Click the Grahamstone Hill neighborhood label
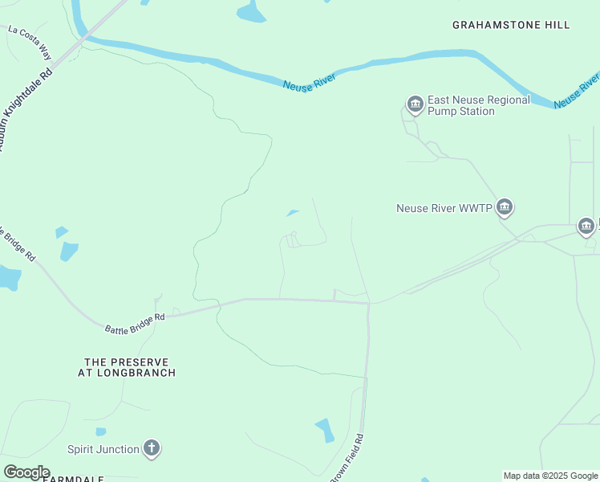(511, 25)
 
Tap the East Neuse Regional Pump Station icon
(415, 104)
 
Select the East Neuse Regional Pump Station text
(478, 105)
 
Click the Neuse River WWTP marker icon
(504, 207)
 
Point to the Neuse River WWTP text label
(444, 208)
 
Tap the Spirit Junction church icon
(152, 448)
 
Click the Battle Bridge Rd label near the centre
(135, 323)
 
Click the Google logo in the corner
(26, 472)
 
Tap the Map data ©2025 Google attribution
(550, 476)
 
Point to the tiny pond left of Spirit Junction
(101, 431)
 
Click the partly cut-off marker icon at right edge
(586, 227)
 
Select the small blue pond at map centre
(292, 213)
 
